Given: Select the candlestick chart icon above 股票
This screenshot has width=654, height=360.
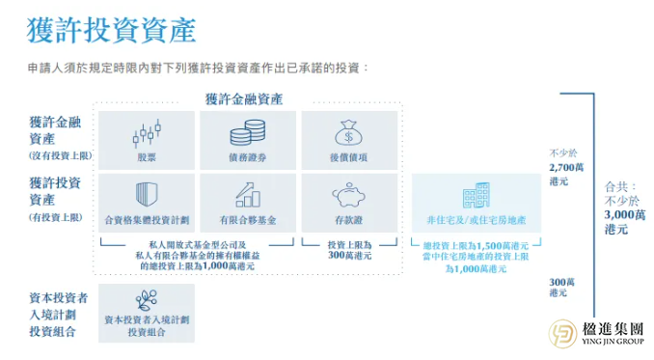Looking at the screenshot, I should point(147,131).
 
